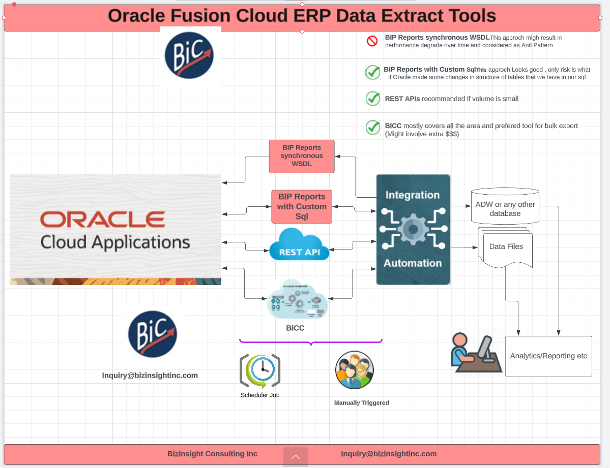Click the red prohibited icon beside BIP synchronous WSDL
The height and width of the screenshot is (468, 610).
[x=372, y=41]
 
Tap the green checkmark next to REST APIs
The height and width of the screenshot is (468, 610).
[x=373, y=99]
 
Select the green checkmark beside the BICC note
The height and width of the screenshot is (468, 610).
[x=373, y=127]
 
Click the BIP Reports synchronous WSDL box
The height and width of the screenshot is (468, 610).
[x=302, y=156]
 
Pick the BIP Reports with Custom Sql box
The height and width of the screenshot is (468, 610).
[x=302, y=206]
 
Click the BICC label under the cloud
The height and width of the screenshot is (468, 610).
[x=295, y=328]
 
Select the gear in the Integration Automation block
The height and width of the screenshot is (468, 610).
[x=413, y=229]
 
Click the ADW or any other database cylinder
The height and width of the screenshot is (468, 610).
[x=505, y=206]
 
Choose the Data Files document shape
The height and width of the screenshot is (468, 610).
[x=506, y=247]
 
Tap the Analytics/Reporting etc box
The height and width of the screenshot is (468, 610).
[x=548, y=356]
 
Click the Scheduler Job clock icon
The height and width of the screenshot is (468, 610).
[x=260, y=371]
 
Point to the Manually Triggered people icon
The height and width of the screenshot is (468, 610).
[x=355, y=370]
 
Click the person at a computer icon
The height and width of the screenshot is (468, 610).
[x=473, y=353]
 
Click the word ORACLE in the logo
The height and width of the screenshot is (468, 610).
[x=102, y=220]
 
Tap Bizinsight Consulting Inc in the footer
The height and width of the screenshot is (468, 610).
[x=212, y=454]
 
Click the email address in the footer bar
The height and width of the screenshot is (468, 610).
[x=389, y=454]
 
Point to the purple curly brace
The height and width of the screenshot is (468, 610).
[x=311, y=342]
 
